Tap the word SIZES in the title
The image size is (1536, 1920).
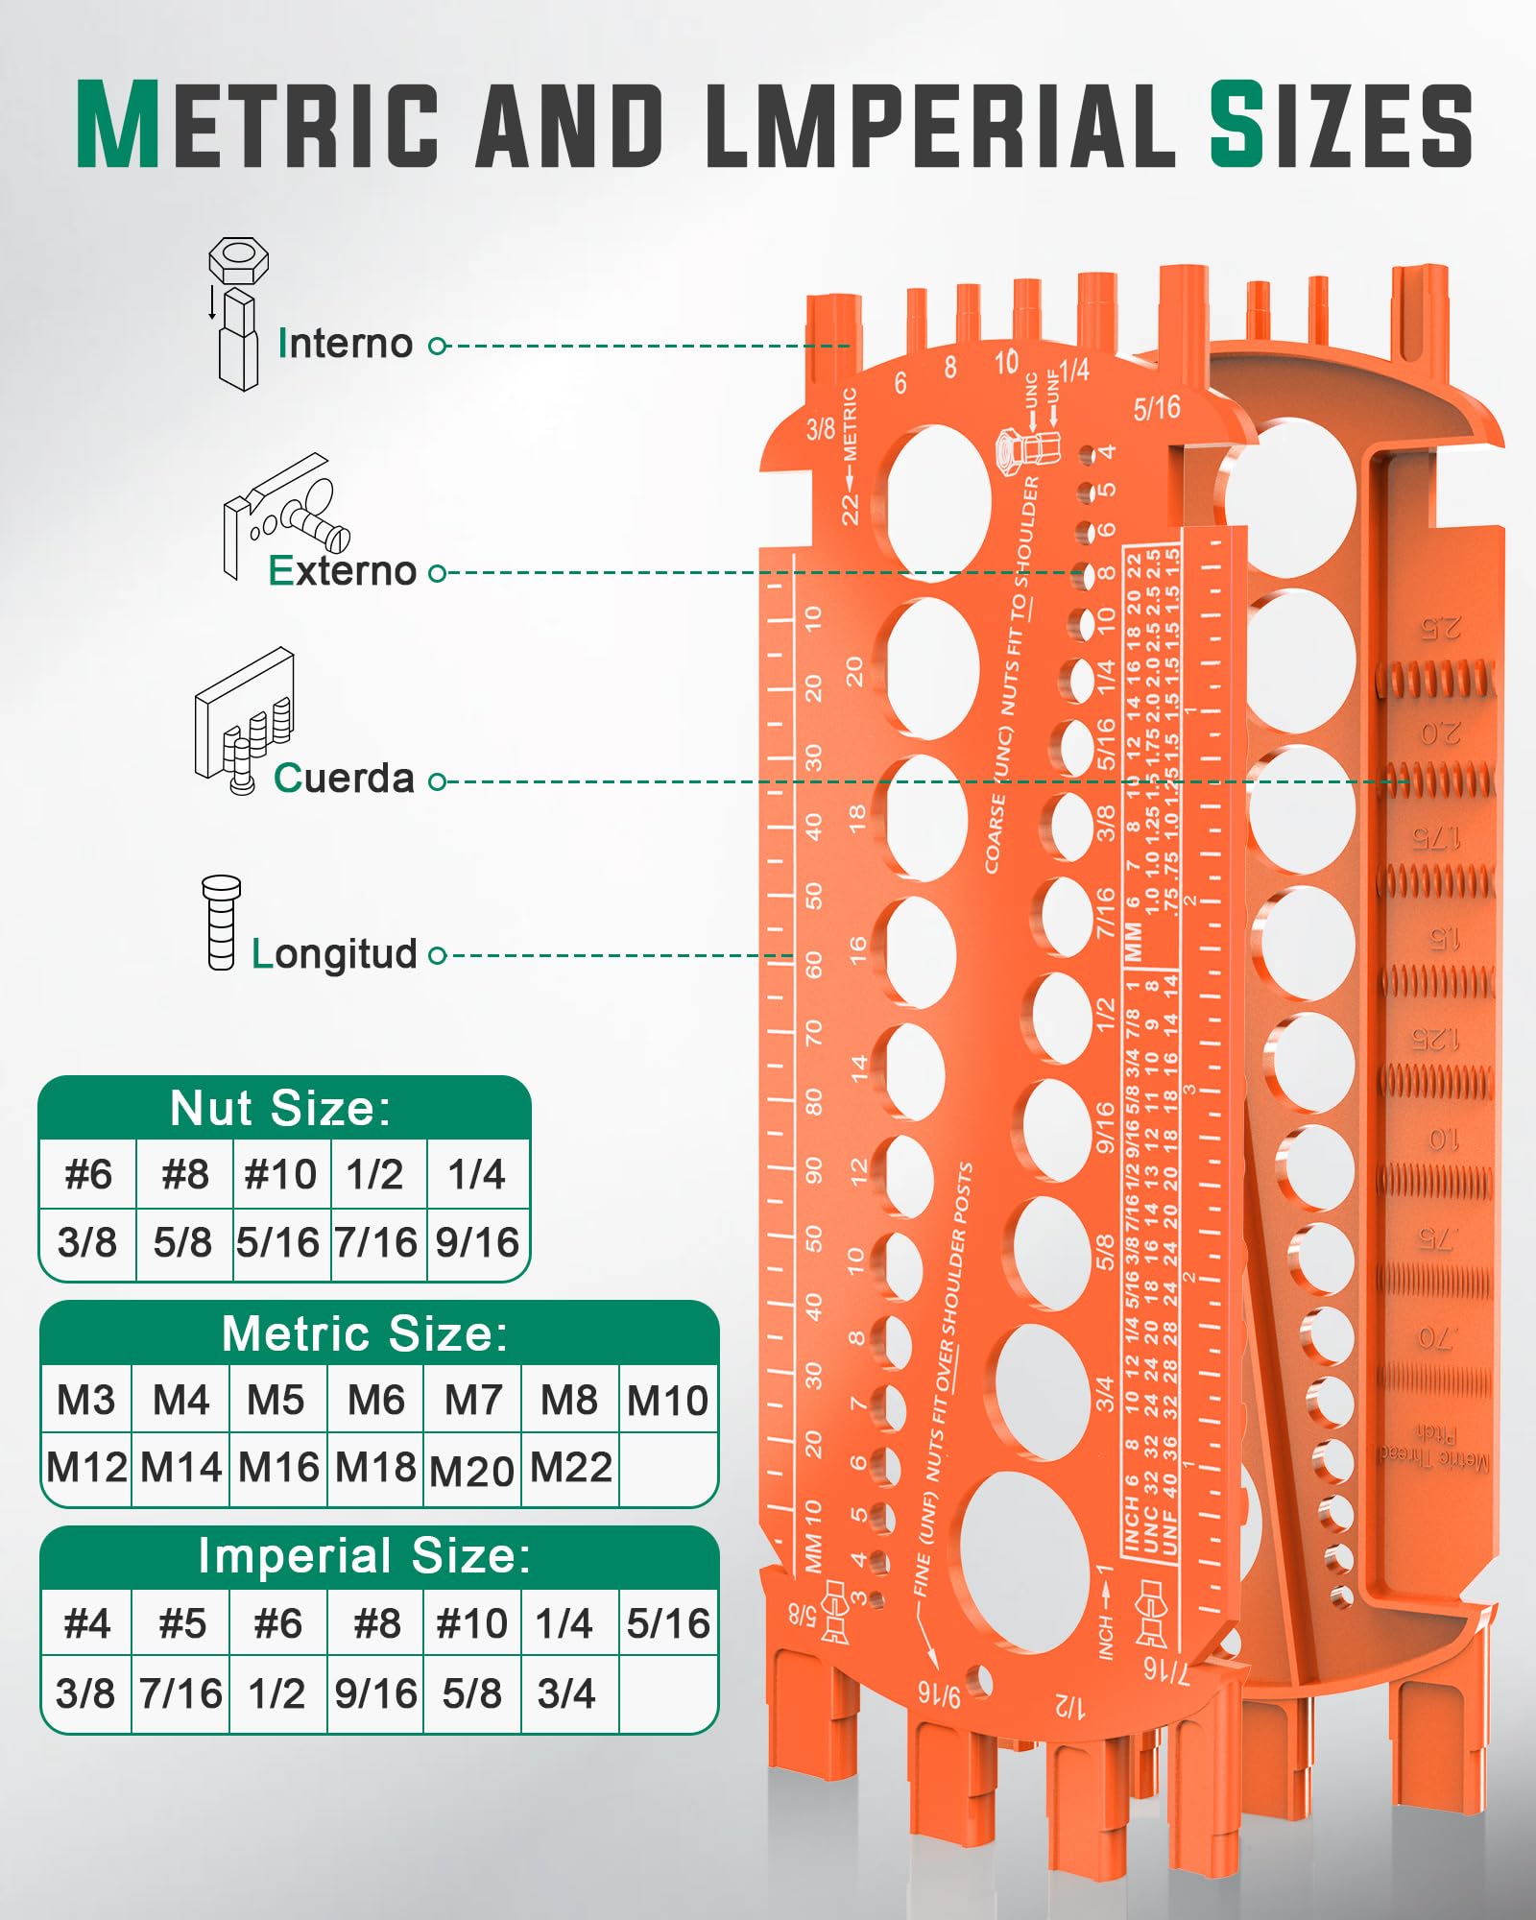pyautogui.click(x=1340, y=125)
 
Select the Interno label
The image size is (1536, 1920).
pyautogui.click(x=346, y=344)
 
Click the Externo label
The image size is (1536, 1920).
pyautogui.click(x=343, y=571)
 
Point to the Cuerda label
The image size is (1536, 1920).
pyautogui.click(x=344, y=779)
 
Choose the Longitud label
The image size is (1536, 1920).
pyautogui.click(x=334, y=954)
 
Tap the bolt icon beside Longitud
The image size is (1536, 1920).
pyautogui.click(x=221, y=923)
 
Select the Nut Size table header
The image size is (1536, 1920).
pyautogui.click(x=281, y=1109)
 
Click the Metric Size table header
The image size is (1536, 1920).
pyautogui.click(x=366, y=1333)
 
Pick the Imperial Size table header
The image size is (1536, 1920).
pyautogui.click(x=365, y=1556)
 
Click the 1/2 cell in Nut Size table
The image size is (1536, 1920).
pyautogui.click(x=375, y=1174)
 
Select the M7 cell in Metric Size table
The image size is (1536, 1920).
pyautogui.click(x=473, y=1401)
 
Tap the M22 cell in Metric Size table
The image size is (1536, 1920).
pyautogui.click(x=570, y=1468)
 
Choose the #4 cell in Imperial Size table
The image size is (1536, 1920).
pyautogui.click(x=86, y=1624)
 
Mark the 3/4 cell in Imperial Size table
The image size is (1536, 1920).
pyautogui.click(x=566, y=1693)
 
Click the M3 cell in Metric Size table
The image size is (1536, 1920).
pyautogui.click(x=85, y=1401)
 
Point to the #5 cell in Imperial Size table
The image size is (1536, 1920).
pyautogui.click(x=182, y=1624)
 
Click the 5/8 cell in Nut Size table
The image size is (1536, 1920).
pyautogui.click(x=182, y=1242)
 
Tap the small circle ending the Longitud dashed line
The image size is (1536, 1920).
pyautogui.click(x=437, y=955)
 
